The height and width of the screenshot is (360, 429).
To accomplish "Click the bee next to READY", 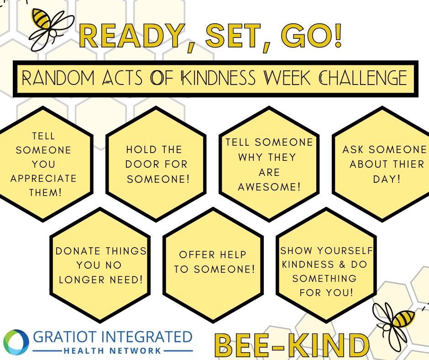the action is [x=51, y=29].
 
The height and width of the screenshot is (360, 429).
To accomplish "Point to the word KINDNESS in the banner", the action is [x=219, y=78].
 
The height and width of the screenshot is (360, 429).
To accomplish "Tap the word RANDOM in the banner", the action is [x=58, y=78].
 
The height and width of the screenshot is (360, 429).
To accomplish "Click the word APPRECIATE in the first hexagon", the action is [x=43, y=178].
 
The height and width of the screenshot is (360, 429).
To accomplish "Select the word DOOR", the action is [x=138, y=164].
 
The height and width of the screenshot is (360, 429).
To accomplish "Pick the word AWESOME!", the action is [x=269, y=187].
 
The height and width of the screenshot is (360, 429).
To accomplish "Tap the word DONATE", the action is [x=78, y=251].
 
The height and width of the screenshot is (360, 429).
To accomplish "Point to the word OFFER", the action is [x=197, y=254].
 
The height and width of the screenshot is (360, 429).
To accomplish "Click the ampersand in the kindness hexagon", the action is [x=342, y=265].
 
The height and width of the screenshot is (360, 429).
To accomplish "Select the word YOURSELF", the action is [x=345, y=250].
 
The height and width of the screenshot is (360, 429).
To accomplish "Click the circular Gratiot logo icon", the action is [x=16, y=342].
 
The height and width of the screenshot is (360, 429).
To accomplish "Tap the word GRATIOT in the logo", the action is [x=65, y=337].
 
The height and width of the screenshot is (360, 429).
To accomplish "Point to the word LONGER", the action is [x=82, y=280].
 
